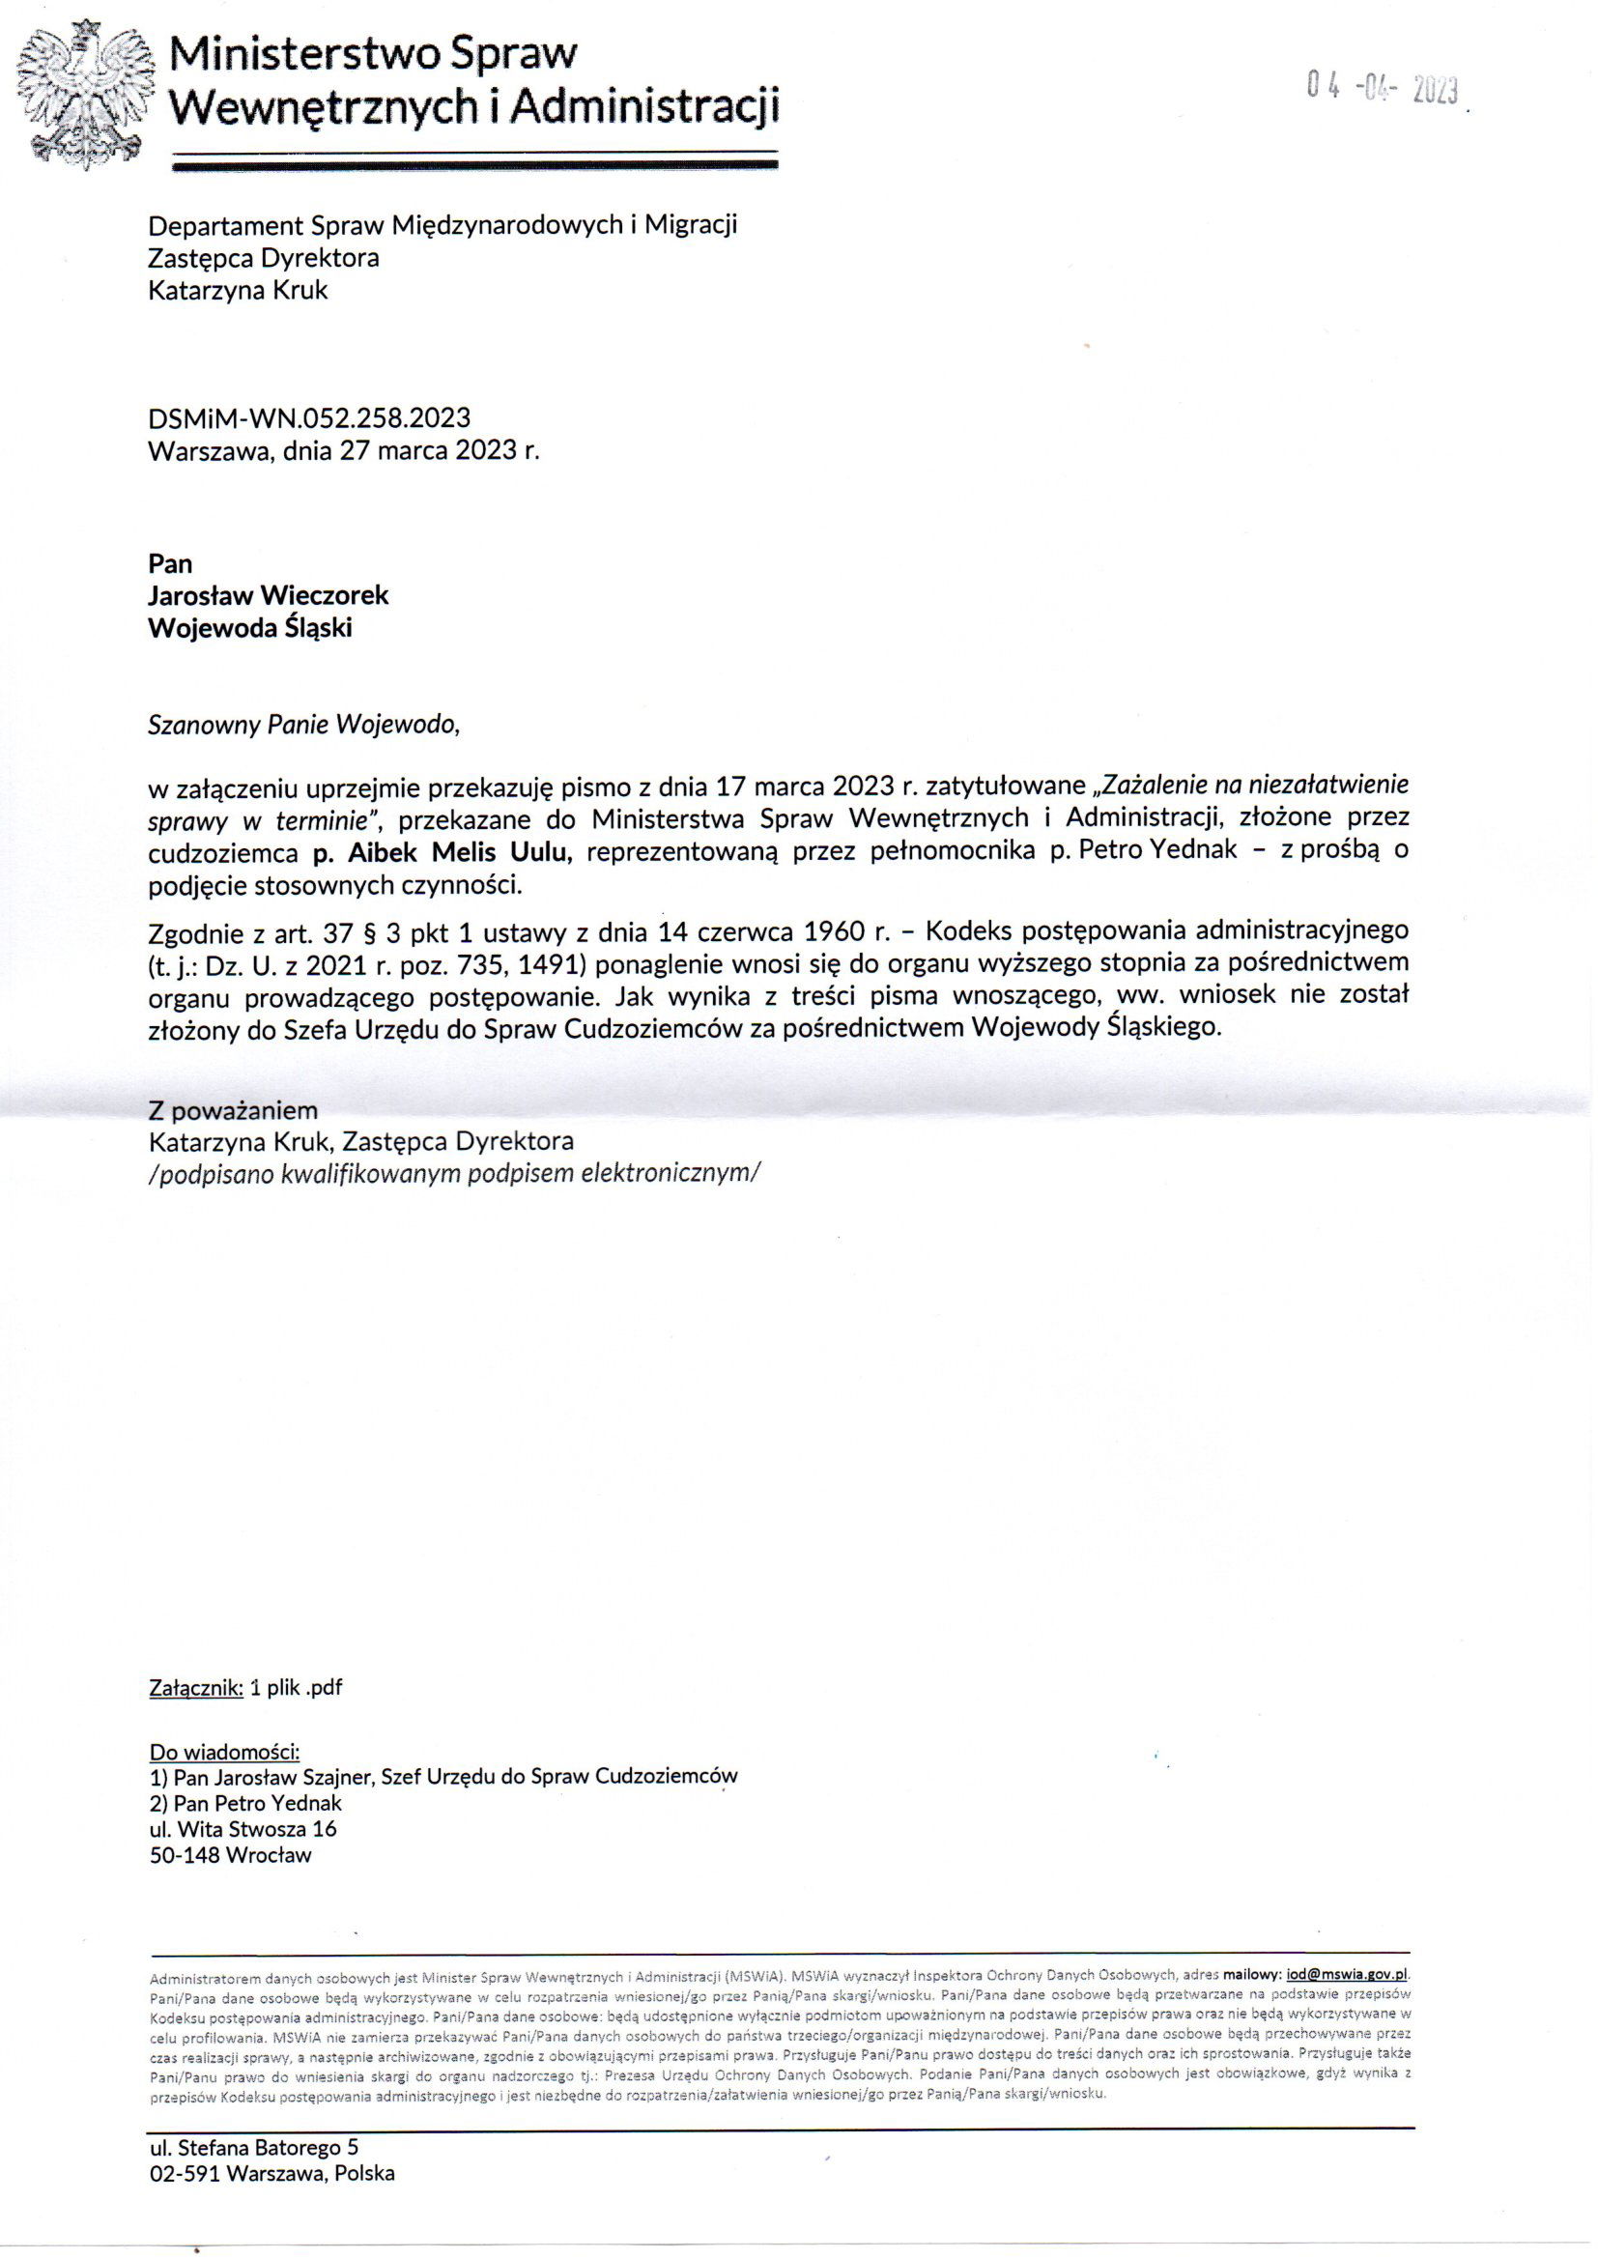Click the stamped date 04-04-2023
[x=1383, y=91]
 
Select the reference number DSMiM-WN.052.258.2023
[x=309, y=417]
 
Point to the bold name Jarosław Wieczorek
[x=268, y=595]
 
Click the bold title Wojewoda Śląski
[x=250, y=628]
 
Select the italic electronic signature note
[x=454, y=1173]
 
